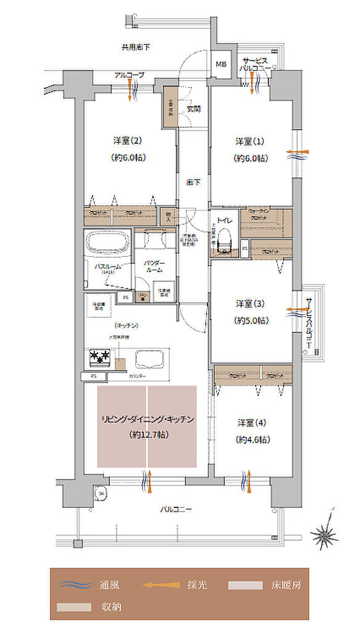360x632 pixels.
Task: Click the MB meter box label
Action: coord(220,64)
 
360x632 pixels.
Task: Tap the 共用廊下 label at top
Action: coord(136,47)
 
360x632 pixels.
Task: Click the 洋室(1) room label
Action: coord(251,141)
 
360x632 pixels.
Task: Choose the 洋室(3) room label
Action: coord(251,303)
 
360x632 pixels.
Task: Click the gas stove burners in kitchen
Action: coord(99,357)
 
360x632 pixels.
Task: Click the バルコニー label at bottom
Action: coord(177,509)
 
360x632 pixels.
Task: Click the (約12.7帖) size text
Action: coord(148,434)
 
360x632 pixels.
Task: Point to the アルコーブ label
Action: coord(129,75)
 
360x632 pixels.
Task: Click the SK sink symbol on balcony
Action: coord(99,493)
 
